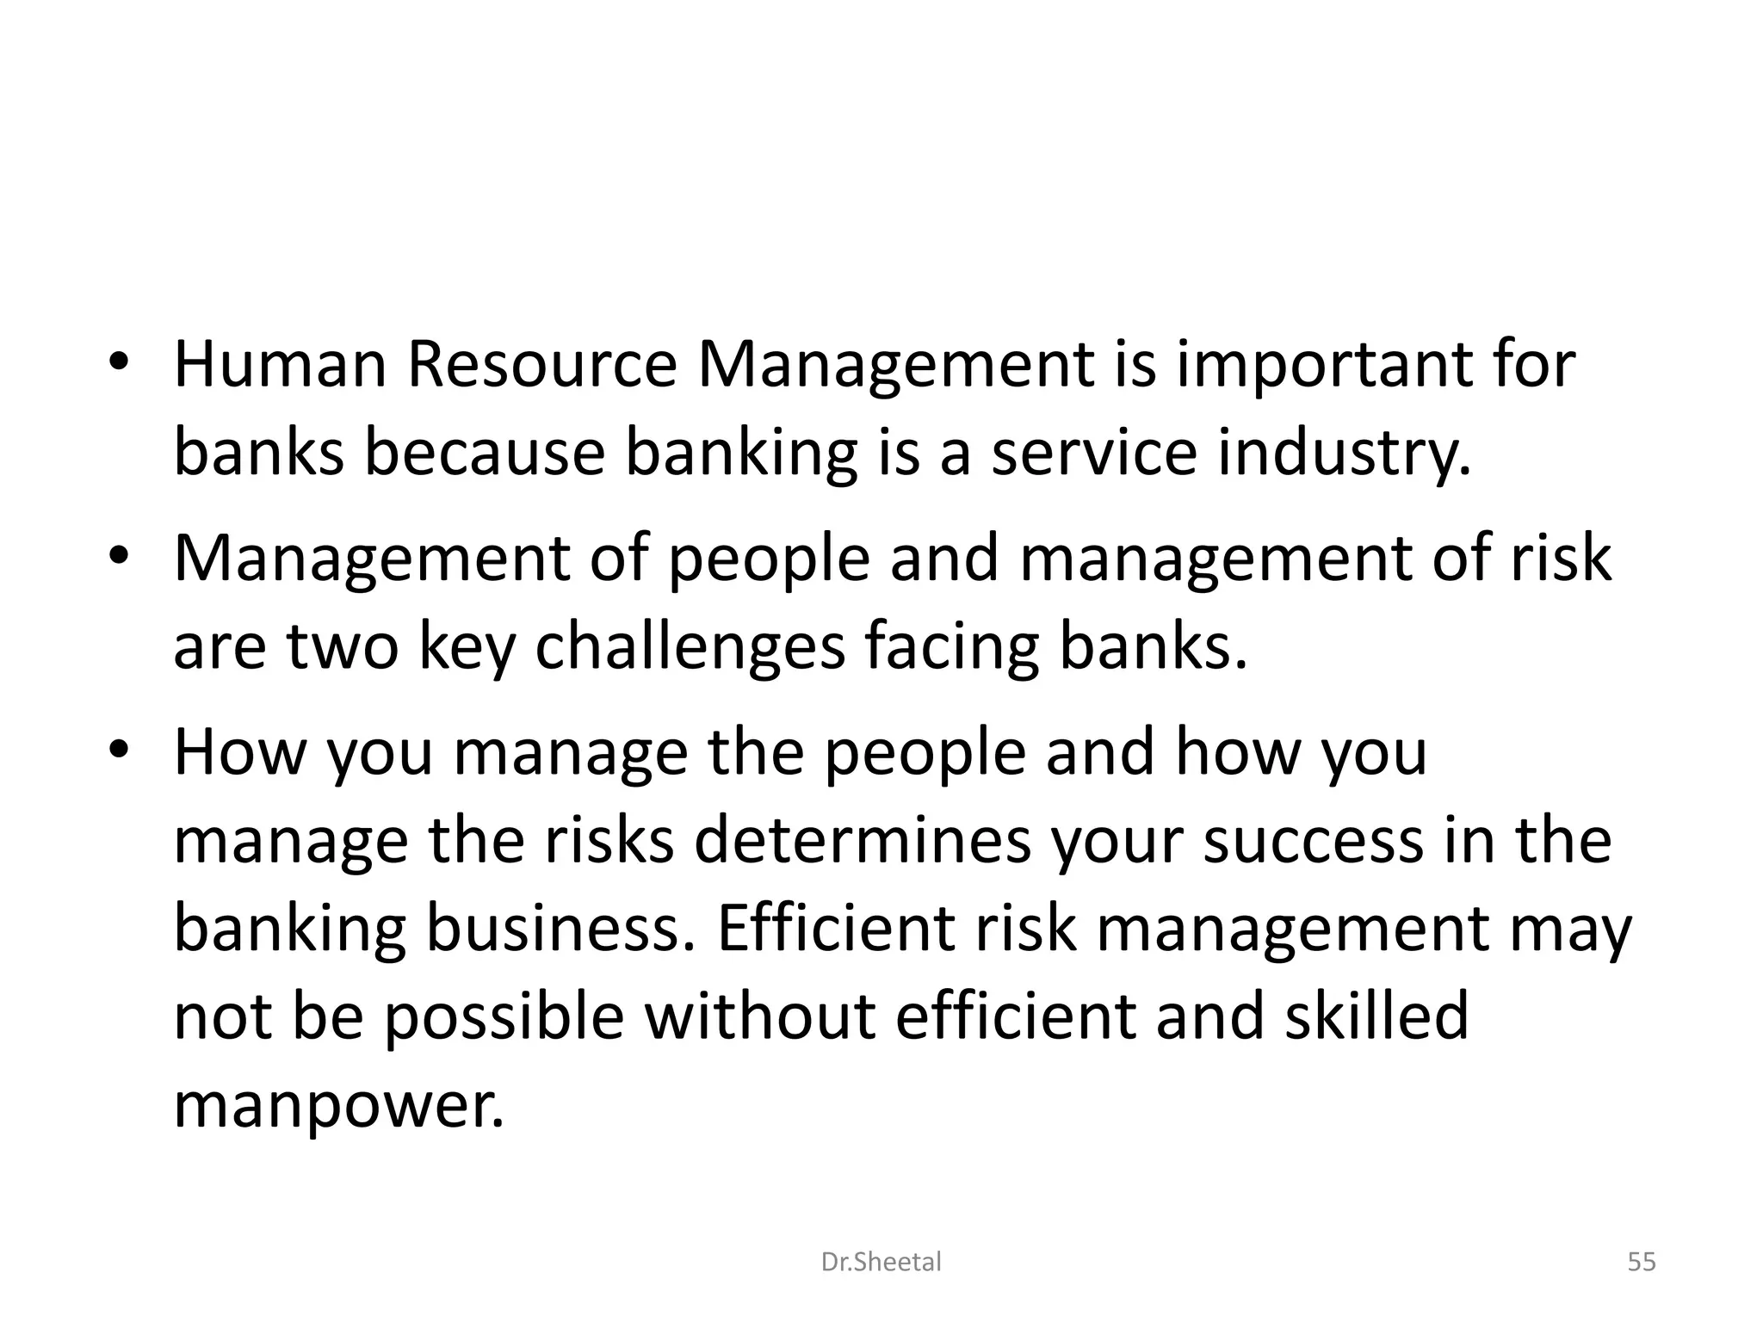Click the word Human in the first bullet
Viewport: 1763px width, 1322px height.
click(281, 365)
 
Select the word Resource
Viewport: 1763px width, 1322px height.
click(542, 365)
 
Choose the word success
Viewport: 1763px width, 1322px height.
click(1313, 841)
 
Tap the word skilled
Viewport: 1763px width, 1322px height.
click(1376, 1016)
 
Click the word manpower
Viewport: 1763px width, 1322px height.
click(338, 1107)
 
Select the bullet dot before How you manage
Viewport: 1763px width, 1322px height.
click(120, 750)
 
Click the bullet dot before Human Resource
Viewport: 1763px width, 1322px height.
click(120, 361)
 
